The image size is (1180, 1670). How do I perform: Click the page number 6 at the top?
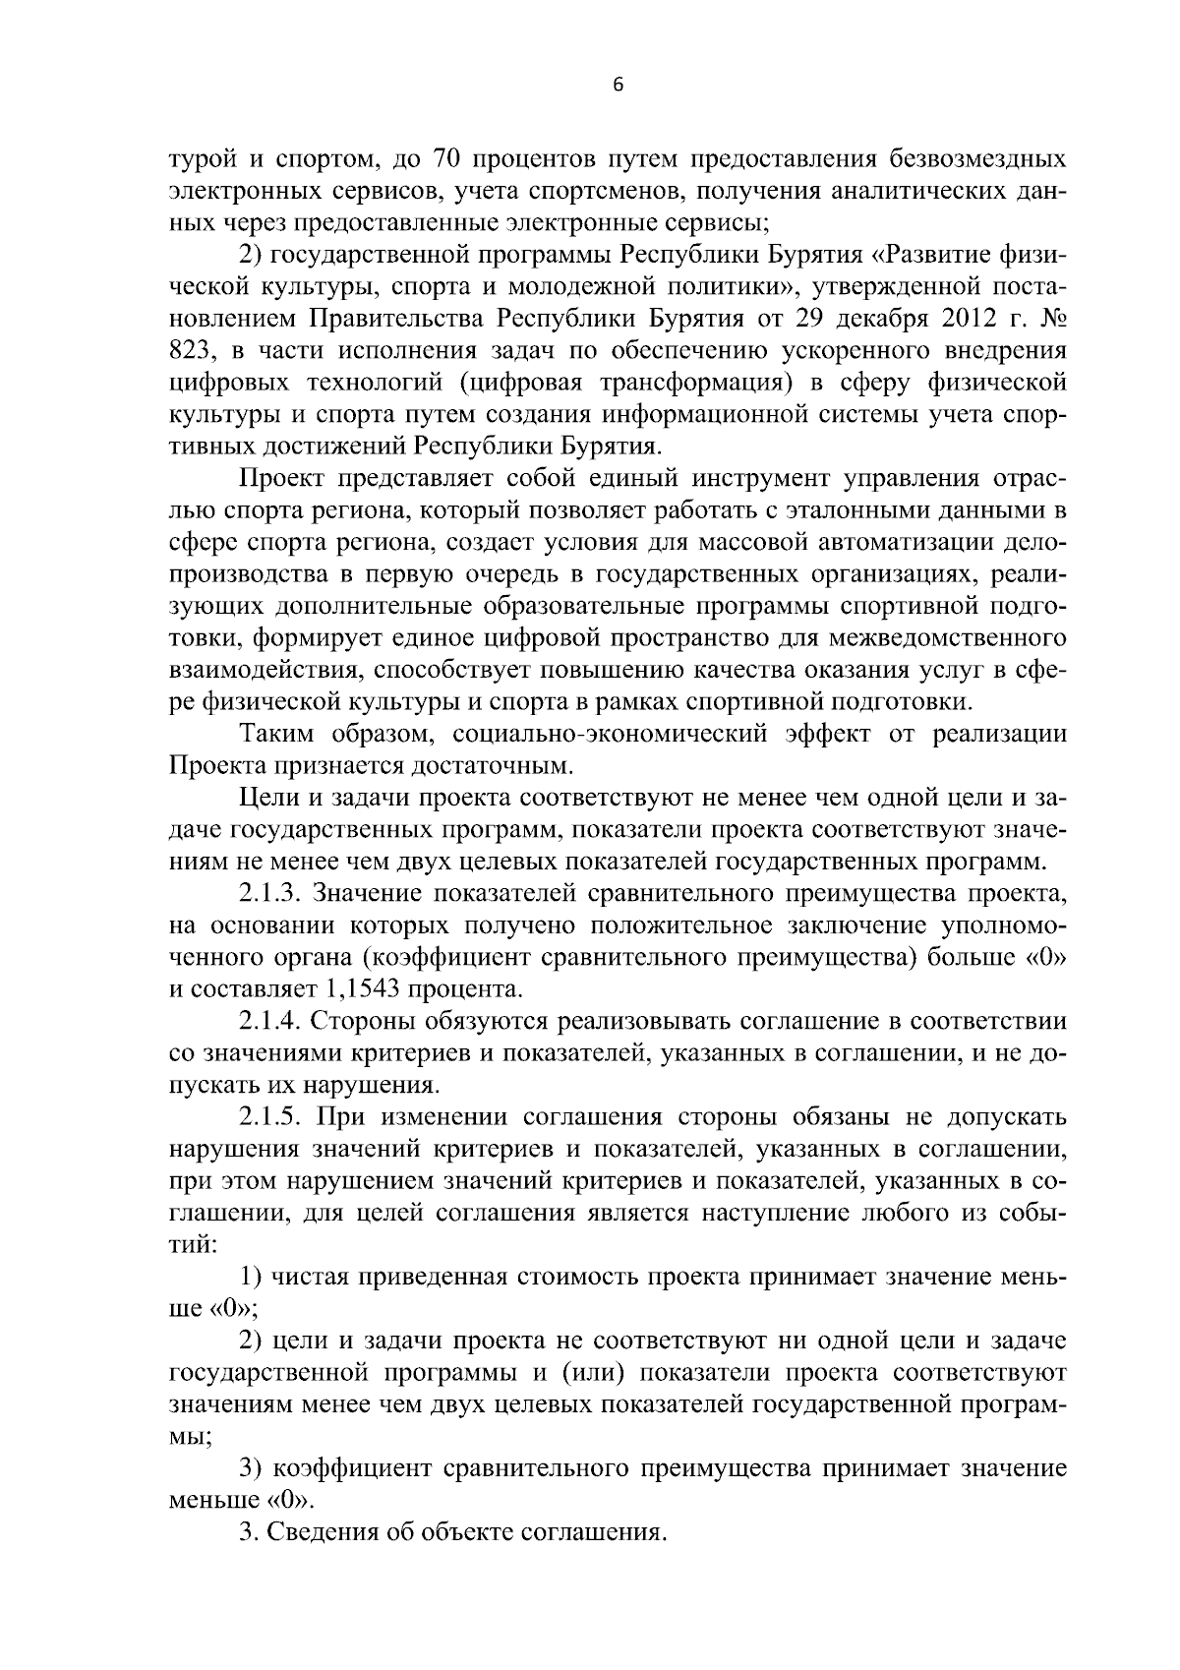(x=618, y=86)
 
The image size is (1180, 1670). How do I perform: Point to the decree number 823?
(x=193, y=350)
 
